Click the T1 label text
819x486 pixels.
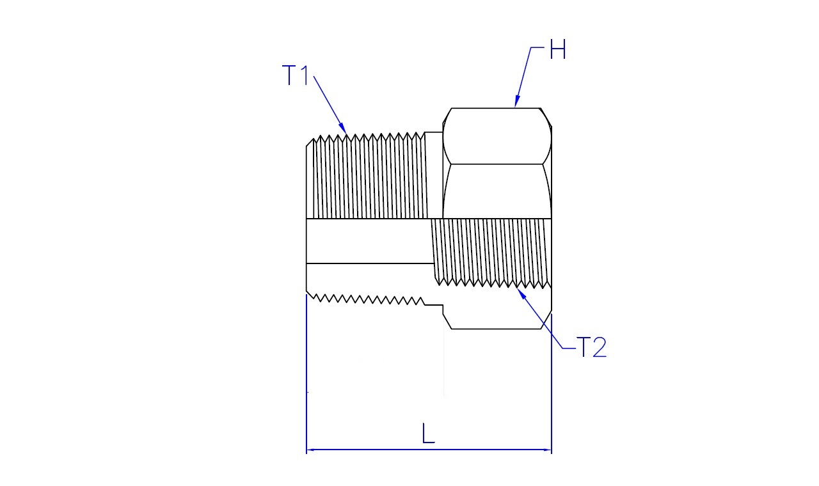[x=296, y=75]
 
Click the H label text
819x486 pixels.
[x=558, y=49]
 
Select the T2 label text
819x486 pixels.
[x=591, y=347]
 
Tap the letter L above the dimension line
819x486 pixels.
[x=428, y=433]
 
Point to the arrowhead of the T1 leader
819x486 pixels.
[x=342, y=128]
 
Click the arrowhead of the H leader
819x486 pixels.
[x=516, y=101]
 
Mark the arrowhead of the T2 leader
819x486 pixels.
[x=521, y=293]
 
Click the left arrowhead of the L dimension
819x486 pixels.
[x=311, y=450]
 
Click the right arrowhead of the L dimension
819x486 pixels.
[x=547, y=450]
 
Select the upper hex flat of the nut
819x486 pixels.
[x=497, y=136]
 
